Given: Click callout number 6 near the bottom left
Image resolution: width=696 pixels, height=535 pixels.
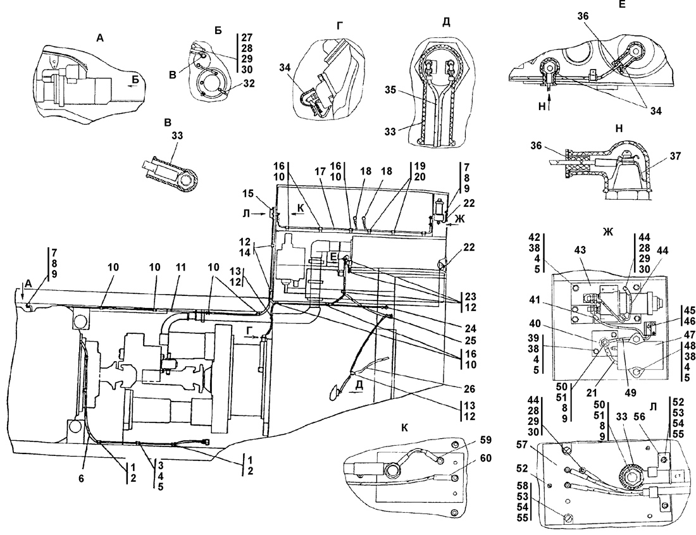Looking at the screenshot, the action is pyautogui.click(x=82, y=479).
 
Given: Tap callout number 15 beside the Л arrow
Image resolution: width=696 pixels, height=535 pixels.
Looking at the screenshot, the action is pyautogui.click(x=249, y=194).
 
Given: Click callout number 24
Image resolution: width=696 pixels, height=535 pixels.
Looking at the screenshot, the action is pyautogui.click(x=470, y=329).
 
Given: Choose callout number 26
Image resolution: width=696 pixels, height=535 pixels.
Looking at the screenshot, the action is pyautogui.click(x=469, y=389).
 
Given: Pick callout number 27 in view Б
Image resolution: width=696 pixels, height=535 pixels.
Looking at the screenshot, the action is pyautogui.click(x=247, y=38).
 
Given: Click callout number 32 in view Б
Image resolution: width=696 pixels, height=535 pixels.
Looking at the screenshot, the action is pyautogui.click(x=249, y=83).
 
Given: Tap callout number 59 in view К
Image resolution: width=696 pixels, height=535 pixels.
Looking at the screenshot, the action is pyautogui.click(x=487, y=441).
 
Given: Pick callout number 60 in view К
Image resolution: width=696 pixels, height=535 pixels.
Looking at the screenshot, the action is pyautogui.click(x=487, y=457).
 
